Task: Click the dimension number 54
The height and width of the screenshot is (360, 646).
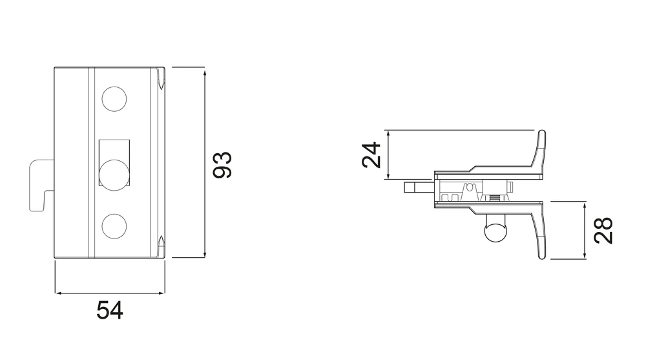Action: point(110,310)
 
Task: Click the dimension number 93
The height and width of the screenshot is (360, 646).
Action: point(222,165)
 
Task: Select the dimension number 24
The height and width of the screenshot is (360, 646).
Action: point(371,154)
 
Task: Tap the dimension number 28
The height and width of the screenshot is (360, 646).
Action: point(603,230)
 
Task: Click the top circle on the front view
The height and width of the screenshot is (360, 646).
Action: point(114,99)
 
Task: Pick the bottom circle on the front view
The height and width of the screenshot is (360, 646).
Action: point(114,226)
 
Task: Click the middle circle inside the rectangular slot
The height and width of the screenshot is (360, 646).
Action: point(114,175)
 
